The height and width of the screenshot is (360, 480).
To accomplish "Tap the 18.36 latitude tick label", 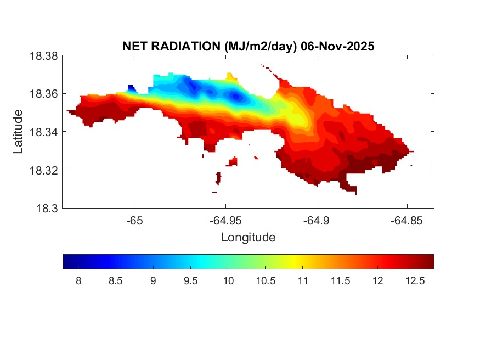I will tap(44, 94).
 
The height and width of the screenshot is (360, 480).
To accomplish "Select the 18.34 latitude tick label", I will tap(44, 132).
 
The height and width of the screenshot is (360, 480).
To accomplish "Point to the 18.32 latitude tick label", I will tap(44, 170).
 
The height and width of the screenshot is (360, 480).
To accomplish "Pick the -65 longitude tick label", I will tap(135, 221).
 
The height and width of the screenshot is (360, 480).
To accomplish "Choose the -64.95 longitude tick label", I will tap(225, 221).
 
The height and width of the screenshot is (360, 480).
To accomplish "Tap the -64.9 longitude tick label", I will tap(316, 221).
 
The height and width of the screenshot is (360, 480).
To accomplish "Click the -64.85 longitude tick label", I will tap(406, 221).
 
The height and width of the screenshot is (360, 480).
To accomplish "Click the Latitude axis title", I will tap(19, 132).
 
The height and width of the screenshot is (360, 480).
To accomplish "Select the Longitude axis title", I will tap(248, 238).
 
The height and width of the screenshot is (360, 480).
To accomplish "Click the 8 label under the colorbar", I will tap(78, 281).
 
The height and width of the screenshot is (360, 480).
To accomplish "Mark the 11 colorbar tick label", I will tap(302, 281).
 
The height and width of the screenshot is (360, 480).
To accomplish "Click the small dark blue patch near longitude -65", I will tap(131, 88).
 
